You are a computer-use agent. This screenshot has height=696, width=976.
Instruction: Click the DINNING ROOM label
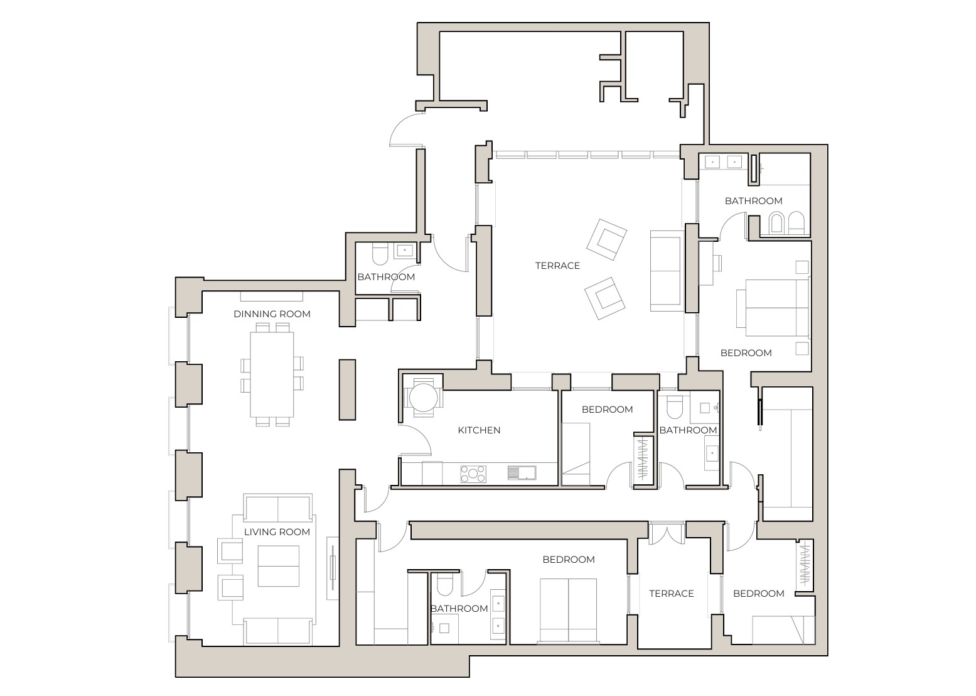272,314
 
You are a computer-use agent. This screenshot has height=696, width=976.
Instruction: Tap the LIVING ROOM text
277,532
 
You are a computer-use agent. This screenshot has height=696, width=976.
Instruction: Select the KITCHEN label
479,430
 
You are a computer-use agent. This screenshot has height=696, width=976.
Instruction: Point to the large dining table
272,374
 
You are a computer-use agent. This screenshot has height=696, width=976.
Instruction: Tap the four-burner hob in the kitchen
473,473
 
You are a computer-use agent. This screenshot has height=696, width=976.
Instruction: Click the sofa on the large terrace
666,271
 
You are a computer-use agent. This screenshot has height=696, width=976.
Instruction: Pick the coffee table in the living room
278,566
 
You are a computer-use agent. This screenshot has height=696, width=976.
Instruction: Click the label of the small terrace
671,594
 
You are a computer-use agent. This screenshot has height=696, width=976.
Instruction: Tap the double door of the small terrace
666,533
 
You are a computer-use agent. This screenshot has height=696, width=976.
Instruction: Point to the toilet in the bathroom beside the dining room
380,254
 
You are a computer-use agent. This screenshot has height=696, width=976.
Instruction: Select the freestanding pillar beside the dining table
347,389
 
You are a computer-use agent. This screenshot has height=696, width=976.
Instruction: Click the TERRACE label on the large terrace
557,266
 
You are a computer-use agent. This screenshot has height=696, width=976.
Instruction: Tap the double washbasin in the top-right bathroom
723,162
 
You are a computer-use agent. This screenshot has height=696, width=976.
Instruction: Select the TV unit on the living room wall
333,568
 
